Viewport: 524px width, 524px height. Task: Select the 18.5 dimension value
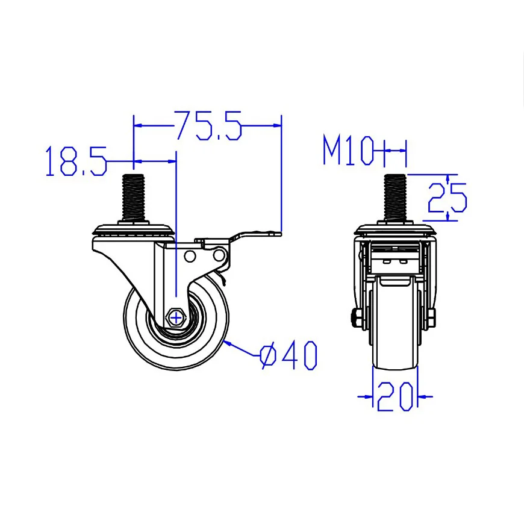(75, 161)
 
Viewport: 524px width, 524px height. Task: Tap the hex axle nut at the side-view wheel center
(176, 316)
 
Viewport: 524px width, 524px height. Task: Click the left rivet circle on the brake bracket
(190, 257)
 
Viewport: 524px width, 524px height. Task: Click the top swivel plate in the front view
(395, 230)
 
